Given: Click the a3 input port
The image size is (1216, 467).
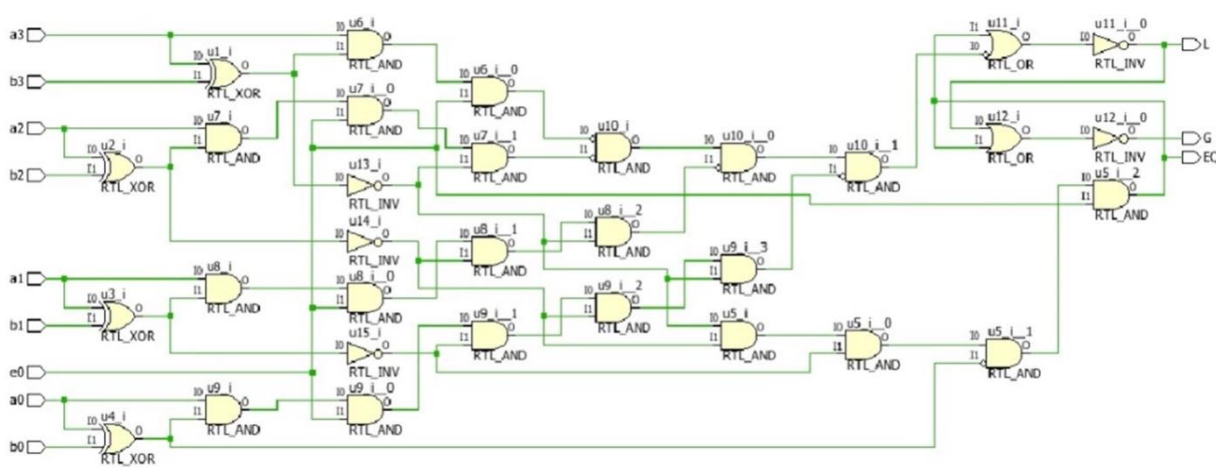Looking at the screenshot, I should [36, 35].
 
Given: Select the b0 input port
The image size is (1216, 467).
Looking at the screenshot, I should [36, 448].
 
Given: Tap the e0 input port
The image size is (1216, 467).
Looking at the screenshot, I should [36, 371].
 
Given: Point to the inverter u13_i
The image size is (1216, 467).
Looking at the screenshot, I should [364, 185].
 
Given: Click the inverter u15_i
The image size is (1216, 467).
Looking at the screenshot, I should [364, 353].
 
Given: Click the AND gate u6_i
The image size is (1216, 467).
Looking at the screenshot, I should [365, 43].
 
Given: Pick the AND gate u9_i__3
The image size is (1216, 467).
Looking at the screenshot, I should [737, 269].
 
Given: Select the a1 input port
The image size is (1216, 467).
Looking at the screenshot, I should [36, 279].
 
